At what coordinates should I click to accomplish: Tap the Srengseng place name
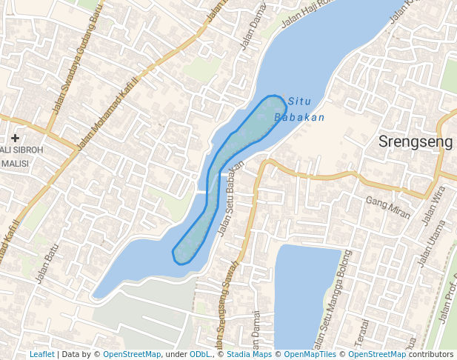pyautogui.click(x=411, y=141)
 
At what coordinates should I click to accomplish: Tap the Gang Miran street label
pyautogui.click(x=388, y=207)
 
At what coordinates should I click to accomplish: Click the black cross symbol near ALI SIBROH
pyautogui.click(x=15, y=138)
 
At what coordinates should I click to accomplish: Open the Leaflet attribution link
pyautogui.click(x=41, y=354)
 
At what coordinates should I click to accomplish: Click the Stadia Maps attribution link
pyautogui.click(x=249, y=354)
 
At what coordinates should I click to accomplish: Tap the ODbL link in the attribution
pyautogui.click(x=199, y=354)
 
